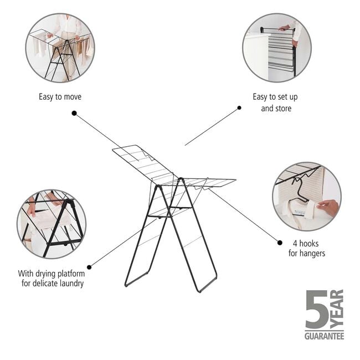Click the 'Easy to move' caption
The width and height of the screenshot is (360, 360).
[x=60, y=97]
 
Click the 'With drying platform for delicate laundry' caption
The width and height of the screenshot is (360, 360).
[x=50, y=278]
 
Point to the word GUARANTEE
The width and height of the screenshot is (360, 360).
[x=324, y=336]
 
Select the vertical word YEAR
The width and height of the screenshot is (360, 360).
[x=337, y=309]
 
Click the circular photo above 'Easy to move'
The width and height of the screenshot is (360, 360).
[x=60, y=48]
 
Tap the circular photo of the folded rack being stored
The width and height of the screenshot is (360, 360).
[x=276, y=48]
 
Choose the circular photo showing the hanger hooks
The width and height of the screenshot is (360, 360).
[x=306, y=196]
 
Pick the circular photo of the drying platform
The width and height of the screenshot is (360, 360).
[x=52, y=224]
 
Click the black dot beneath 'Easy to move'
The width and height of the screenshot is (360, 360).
[x=74, y=113]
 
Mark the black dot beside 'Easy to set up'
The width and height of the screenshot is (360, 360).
[x=239, y=108]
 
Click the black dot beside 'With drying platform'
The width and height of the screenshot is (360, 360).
[x=89, y=267]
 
